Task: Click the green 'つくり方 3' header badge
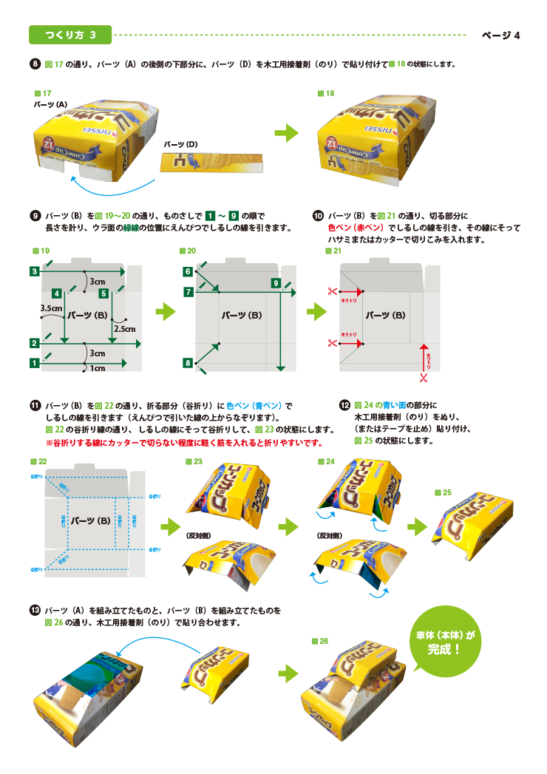(x=70, y=35)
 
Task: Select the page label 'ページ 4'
(x=501, y=35)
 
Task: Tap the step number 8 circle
(x=35, y=64)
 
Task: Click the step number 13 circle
(x=35, y=611)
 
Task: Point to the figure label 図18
(x=326, y=93)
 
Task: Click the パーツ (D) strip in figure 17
(x=211, y=160)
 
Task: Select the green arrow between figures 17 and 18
(x=286, y=133)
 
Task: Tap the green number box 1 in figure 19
(x=35, y=363)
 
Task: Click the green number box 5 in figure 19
(x=104, y=294)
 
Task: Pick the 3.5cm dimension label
(x=50, y=308)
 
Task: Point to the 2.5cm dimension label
(x=123, y=328)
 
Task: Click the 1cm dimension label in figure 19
(x=98, y=367)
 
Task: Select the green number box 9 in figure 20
(x=275, y=283)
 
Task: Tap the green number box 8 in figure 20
(x=188, y=363)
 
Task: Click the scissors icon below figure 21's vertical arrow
(x=423, y=378)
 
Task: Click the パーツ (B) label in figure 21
(x=388, y=315)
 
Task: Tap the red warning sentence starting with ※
(x=184, y=443)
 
